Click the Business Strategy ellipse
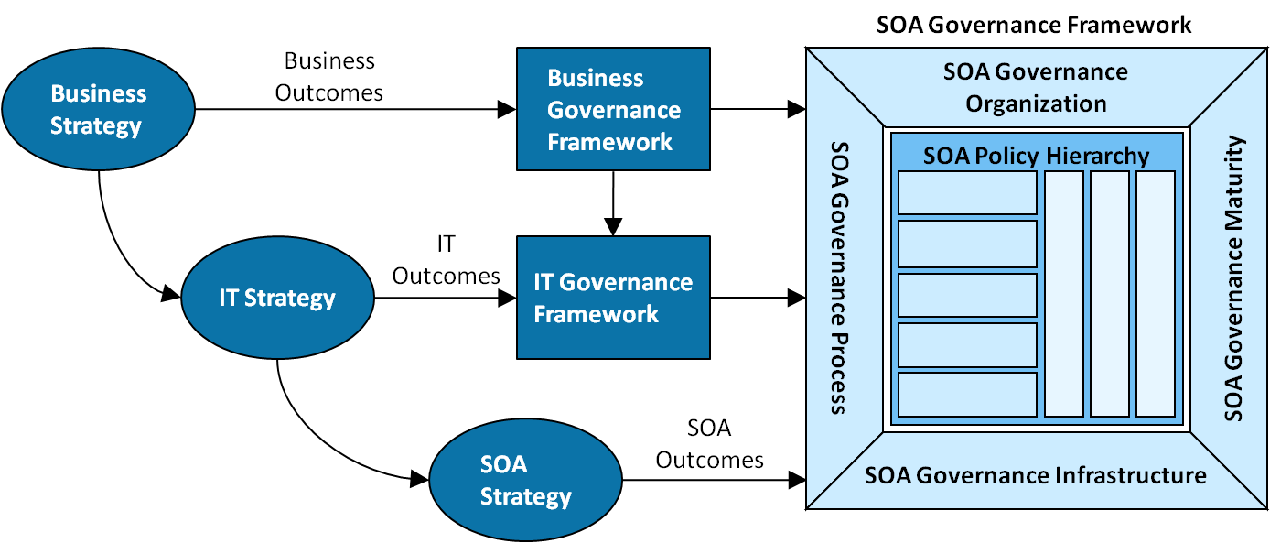click(x=99, y=109)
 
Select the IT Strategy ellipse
click(x=278, y=298)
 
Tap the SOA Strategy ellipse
click(x=525, y=480)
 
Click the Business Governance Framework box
click(x=613, y=109)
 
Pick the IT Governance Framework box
click(x=613, y=298)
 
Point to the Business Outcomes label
click(x=329, y=77)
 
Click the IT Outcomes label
click(x=447, y=260)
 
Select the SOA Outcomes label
click(x=709, y=444)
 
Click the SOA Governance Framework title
click(x=1034, y=25)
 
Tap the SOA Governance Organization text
click(x=1036, y=87)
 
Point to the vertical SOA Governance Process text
click(x=840, y=278)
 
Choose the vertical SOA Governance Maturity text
click(x=1233, y=278)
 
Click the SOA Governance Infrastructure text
click(x=1035, y=475)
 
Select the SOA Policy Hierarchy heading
click(x=1037, y=156)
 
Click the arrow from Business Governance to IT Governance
click(x=613, y=203)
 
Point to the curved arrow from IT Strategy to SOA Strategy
click(x=317, y=437)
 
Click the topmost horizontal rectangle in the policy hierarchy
click(x=967, y=193)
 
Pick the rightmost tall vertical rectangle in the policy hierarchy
click(x=1156, y=294)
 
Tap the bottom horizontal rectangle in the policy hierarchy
click(x=967, y=395)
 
